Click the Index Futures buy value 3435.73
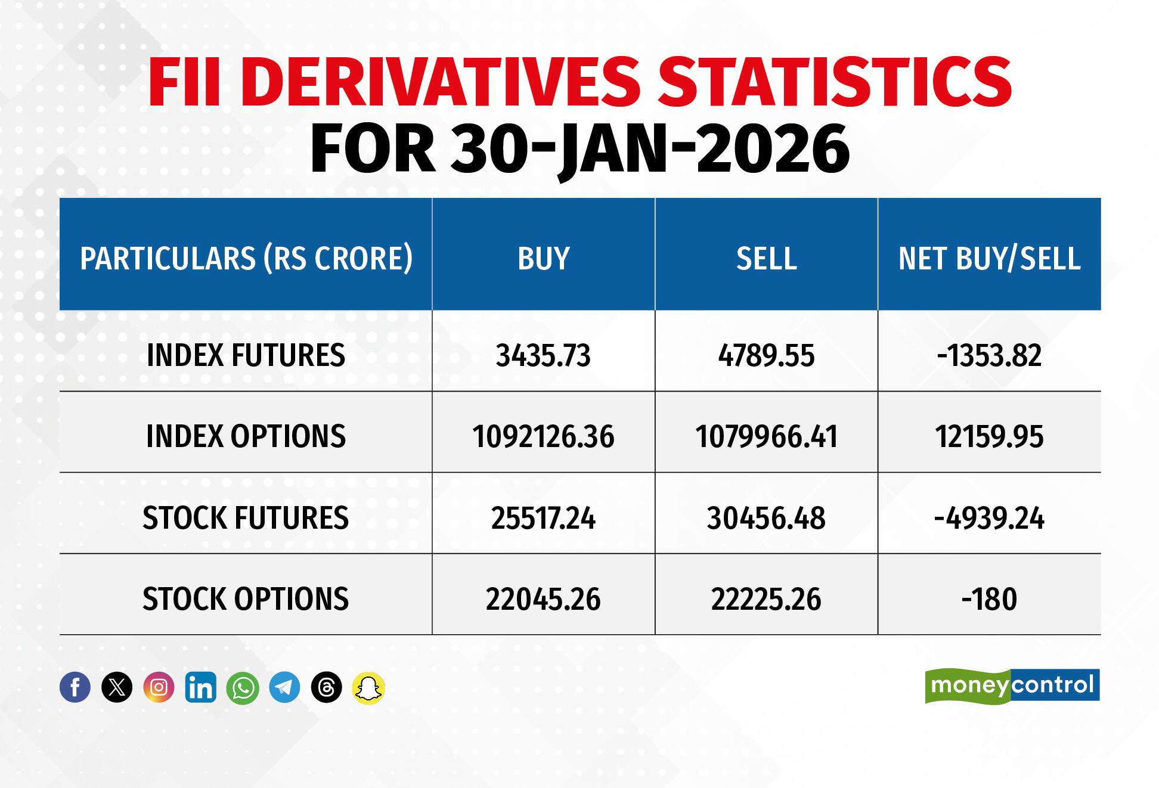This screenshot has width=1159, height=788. tap(543, 356)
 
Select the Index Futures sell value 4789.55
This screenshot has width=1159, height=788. tap(766, 356)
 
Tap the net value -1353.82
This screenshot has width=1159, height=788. tap(989, 356)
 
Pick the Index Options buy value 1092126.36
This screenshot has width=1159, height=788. tap(543, 437)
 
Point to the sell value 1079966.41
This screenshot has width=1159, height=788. tap(766, 437)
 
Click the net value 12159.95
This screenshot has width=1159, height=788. tap(989, 437)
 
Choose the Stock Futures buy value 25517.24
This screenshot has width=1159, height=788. tap(543, 518)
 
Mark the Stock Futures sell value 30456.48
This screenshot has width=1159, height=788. tap(766, 518)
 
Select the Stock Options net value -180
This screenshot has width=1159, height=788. tap(989, 599)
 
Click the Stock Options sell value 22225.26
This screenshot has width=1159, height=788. tap(766, 599)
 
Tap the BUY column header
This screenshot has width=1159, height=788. tap(543, 259)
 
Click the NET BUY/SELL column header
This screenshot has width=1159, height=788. tap(989, 259)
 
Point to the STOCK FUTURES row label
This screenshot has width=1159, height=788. tap(246, 518)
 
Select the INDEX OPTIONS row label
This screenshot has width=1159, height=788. tap(246, 437)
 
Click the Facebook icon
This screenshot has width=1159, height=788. tap(75, 687)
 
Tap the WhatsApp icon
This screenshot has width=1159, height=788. tap(243, 687)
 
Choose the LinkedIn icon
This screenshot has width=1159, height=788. tap(201, 687)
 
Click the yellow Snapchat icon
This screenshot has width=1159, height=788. tap(368, 687)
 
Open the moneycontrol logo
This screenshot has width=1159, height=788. tap(1012, 685)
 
